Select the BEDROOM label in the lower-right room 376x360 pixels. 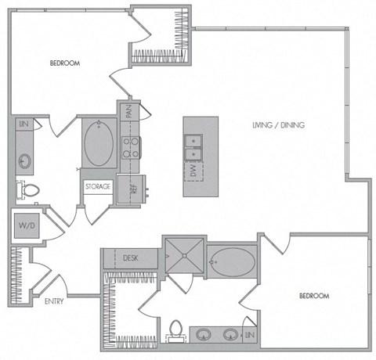313,296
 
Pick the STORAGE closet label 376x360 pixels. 98,187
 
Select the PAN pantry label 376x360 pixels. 127,112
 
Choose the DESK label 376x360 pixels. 131,257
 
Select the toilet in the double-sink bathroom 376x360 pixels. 175,332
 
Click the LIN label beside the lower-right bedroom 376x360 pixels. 249,335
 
